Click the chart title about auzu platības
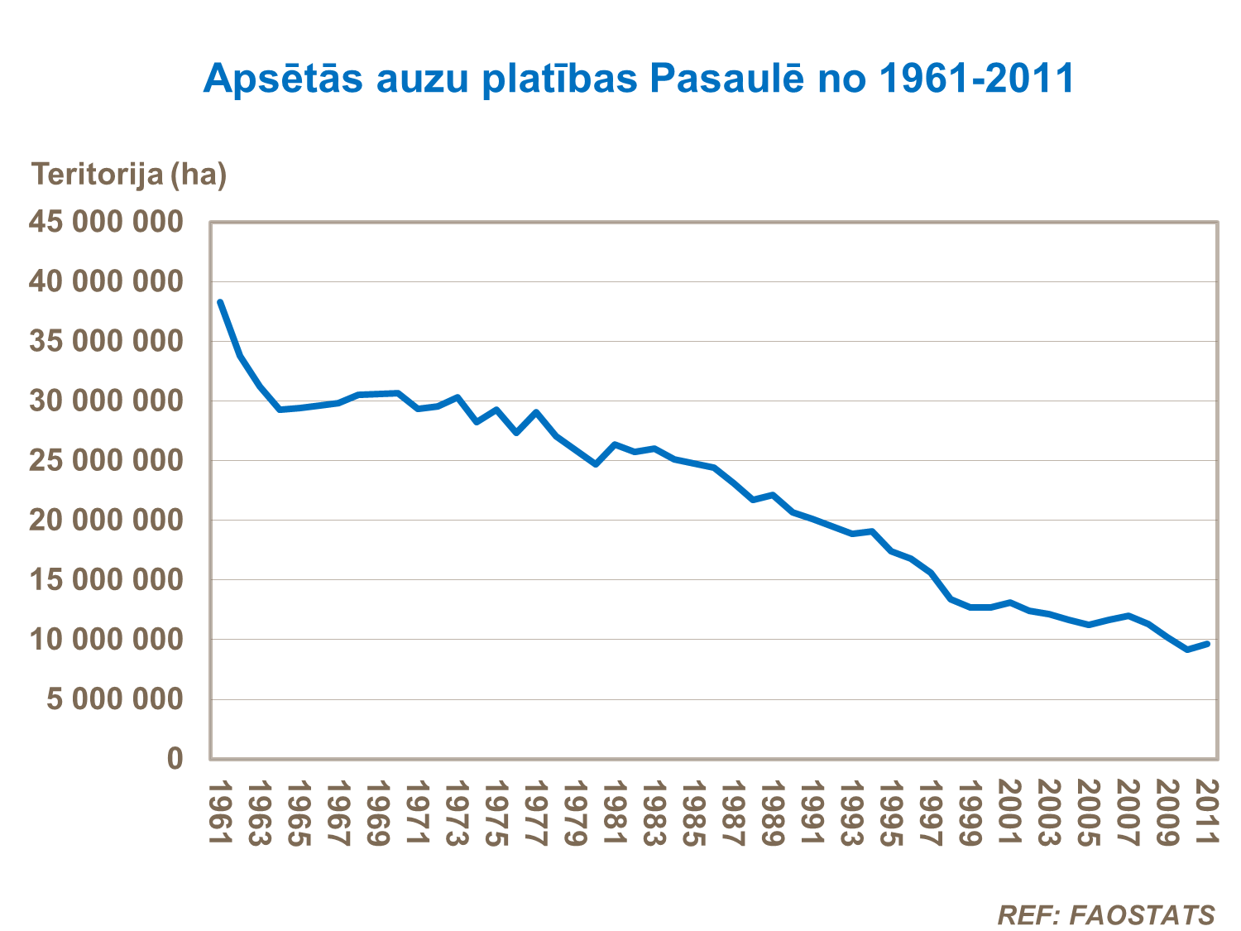coord(638,79)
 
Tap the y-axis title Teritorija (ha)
coord(129,175)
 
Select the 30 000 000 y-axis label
coord(106,401)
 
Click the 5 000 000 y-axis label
coord(114,699)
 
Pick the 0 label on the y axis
coord(175,758)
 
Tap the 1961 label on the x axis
coord(220,813)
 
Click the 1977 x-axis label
coord(536,813)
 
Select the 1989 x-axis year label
coord(773,813)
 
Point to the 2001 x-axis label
coord(1009,813)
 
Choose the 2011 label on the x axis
coord(1207,813)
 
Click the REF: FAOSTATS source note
coord(1106,915)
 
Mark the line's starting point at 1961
coord(220,302)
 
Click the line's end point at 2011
coord(1207,643)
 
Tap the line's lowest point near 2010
coord(1187,650)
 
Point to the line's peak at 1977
coord(536,412)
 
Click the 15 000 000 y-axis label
coord(106,580)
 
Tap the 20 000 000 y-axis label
coord(106,520)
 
